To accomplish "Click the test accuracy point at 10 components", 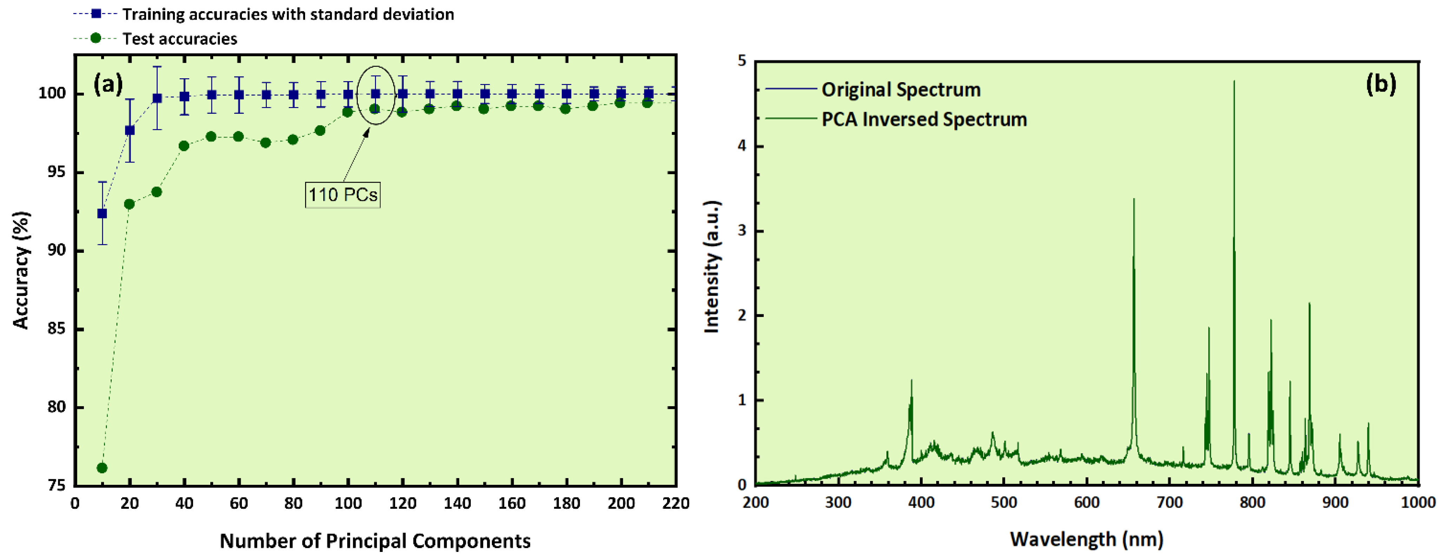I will tap(102, 468).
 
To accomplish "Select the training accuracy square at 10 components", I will tap(102, 213).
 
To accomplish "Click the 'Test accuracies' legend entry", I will tap(179, 39).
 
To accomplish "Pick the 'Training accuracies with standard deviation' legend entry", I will tap(288, 14).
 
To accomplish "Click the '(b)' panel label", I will tap(1381, 84).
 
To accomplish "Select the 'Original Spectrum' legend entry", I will tap(900, 90).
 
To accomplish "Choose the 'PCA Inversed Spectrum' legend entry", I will tap(924, 119).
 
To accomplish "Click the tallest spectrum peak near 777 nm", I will tap(1234, 82).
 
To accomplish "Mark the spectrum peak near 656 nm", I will tap(1134, 199).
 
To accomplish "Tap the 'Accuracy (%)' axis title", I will tap(21, 270).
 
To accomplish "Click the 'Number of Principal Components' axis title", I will tap(375, 541).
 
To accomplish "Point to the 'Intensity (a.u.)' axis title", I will tap(711, 267).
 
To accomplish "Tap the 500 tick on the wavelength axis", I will tap(1004, 502).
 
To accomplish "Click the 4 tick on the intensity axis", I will tap(742, 146).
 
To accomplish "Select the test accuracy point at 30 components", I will tap(157, 192).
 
